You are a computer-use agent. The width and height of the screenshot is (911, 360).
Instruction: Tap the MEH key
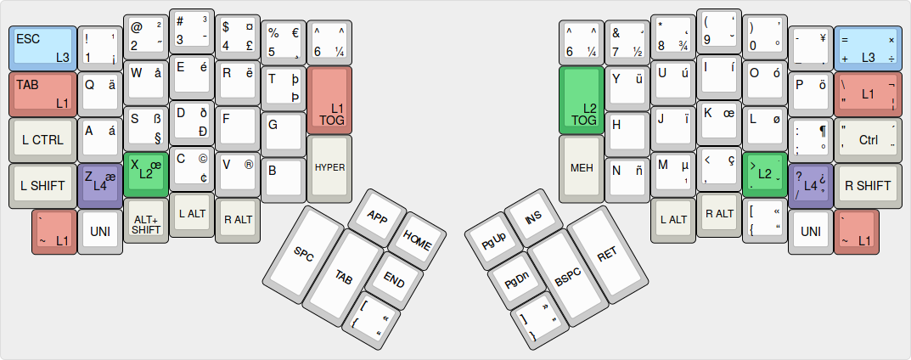[582, 167]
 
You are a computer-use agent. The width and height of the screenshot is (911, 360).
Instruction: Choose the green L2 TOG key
[582, 98]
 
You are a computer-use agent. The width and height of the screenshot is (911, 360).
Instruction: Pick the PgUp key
[493, 239]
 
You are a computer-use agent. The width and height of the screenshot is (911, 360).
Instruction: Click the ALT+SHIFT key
[146, 222]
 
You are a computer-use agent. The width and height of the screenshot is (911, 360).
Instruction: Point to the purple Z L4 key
[100, 184]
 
